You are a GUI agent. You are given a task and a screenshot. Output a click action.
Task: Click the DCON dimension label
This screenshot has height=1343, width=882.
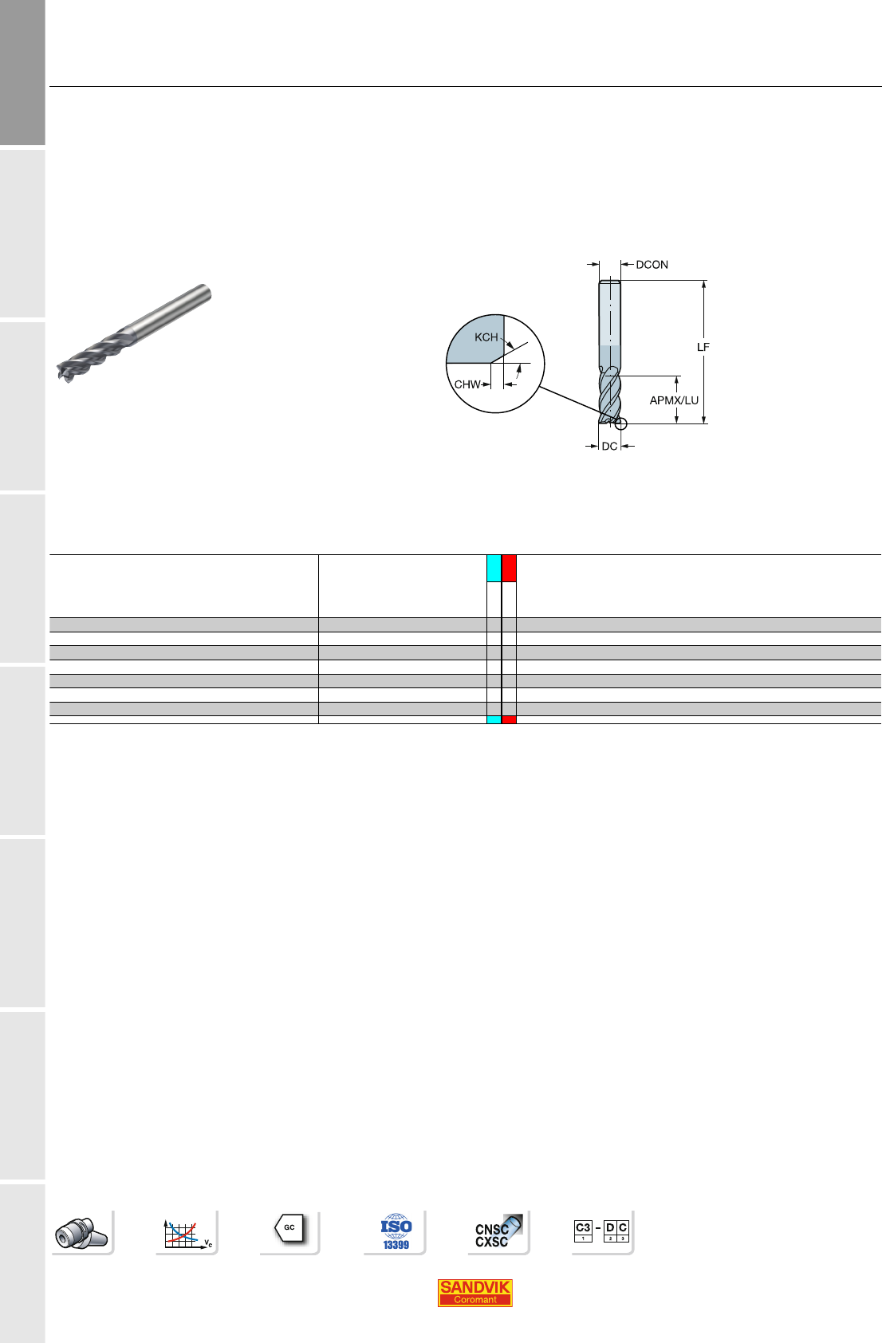click(652, 265)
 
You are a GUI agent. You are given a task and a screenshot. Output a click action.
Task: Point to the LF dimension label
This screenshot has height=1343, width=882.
click(703, 347)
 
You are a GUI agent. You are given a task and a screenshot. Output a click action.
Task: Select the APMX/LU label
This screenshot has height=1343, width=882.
click(674, 400)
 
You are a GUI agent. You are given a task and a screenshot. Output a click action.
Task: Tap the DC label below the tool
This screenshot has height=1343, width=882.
click(609, 446)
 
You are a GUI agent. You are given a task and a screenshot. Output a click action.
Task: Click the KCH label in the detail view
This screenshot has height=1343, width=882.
click(486, 337)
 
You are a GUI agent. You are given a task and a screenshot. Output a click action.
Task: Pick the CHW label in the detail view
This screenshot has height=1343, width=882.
click(467, 384)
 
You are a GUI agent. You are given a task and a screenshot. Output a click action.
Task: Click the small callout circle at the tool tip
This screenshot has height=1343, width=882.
click(621, 424)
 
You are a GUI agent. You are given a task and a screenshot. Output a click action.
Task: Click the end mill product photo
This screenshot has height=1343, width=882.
click(134, 333)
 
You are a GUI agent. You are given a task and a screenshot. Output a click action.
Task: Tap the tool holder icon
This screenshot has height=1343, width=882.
click(82, 1232)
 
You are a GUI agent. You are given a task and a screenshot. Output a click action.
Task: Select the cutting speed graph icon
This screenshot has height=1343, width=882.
click(187, 1232)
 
